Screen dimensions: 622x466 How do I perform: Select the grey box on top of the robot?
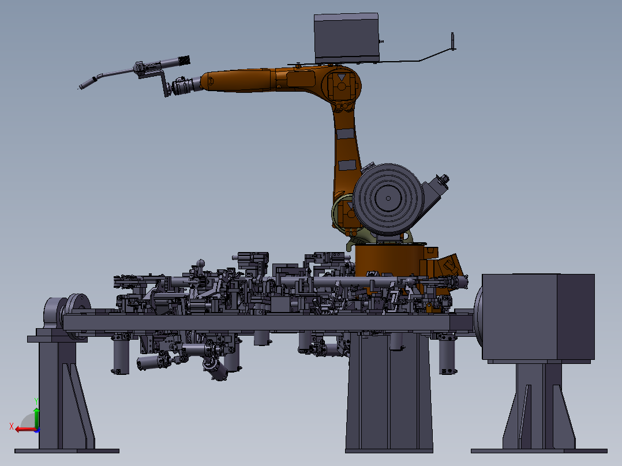[346, 39]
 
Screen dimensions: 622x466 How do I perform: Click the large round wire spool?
[388, 199]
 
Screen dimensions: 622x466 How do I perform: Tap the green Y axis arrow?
[36, 417]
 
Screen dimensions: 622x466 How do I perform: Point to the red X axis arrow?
[26, 429]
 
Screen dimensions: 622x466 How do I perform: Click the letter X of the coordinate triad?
[12, 426]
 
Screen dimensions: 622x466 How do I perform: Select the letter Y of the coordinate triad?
[36, 401]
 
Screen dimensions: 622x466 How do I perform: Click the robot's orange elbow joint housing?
[341, 85]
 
